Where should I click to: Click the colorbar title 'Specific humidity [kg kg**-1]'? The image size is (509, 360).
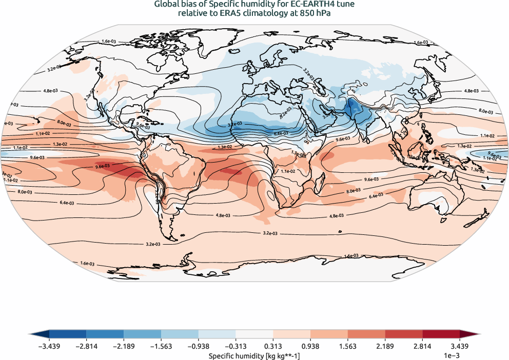click(254, 355)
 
